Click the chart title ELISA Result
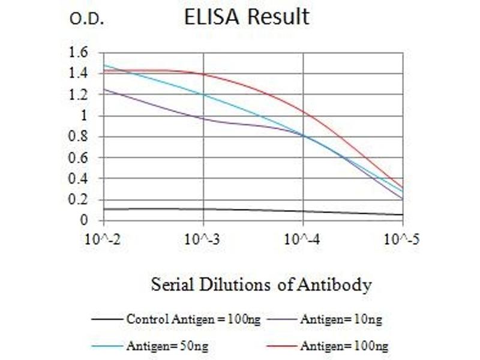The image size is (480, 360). (x=247, y=17)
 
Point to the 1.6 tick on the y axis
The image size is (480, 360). (x=79, y=53)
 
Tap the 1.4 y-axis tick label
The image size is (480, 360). (x=79, y=74)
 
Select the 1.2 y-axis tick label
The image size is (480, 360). (x=79, y=95)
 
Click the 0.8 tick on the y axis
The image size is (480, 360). (x=79, y=137)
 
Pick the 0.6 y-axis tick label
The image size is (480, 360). (x=79, y=158)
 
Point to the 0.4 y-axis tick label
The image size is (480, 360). (x=79, y=179)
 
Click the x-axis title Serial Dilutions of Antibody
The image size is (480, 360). (x=261, y=284)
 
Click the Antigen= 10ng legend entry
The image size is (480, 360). (x=340, y=319)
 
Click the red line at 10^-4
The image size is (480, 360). (x=304, y=112)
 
